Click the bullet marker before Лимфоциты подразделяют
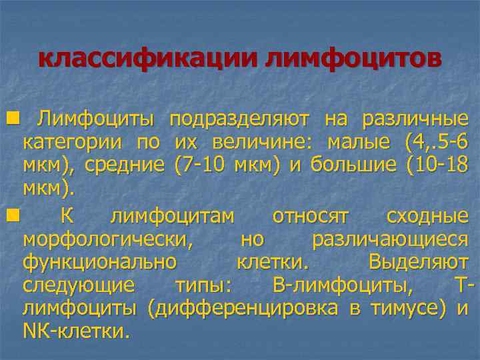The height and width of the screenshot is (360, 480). point(11,119)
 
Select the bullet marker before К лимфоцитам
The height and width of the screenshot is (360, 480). point(11,216)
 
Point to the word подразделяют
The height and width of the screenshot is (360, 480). point(239,119)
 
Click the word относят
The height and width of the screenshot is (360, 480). point(311,216)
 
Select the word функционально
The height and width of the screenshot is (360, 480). point(99,261)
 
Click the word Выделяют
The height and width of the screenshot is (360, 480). point(418,261)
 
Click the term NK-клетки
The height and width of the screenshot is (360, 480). point(77,331)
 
